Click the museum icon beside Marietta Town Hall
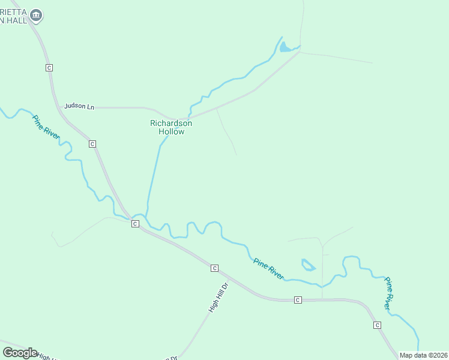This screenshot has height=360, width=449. [x=36, y=15]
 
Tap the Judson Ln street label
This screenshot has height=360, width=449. [x=79, y=106]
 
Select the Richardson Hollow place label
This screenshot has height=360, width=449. [x=171, y=127]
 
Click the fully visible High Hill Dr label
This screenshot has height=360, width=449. [x=218, y=297]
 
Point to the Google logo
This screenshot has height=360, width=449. [x=20, y=353]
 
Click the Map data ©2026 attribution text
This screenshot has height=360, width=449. [x=423, y=355]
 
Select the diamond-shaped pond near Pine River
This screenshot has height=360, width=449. [x=308, y=265]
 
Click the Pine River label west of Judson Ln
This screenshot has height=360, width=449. [x=46, y=127]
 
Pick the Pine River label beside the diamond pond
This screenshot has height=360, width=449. [x=268, y=268]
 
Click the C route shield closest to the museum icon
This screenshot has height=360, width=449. [x=49, y=68]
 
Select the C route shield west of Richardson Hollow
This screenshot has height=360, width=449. [x=92, y=144]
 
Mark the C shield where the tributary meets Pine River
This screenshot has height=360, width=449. [x=135, y=224]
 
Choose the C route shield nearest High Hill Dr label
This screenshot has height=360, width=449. [x=214, y=268]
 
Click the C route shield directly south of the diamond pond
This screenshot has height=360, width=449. [x=298, y=299]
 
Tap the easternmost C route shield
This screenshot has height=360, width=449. [x=377, y=325]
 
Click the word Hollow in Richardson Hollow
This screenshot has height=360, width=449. [x=171, y=131]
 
